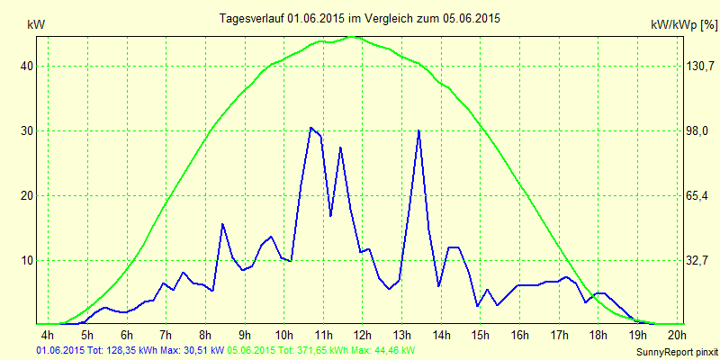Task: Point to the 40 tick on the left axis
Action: click(x=28, y=66)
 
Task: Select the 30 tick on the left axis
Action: click(x=28, y=130)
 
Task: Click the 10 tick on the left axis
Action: click(x=28, y=260)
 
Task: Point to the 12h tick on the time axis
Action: click(x=363, y=336)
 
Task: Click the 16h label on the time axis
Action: click(x=519, y=336)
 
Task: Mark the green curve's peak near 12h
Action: click(x=354, y=37)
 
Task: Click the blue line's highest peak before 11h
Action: click(x=310, y=127)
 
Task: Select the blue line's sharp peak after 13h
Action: click(x=418, y=130)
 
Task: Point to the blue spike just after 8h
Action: click(x=222, y=224)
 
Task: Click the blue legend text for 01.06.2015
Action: click(x=131, y=349)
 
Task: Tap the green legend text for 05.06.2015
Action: click(x=321, y=349)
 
